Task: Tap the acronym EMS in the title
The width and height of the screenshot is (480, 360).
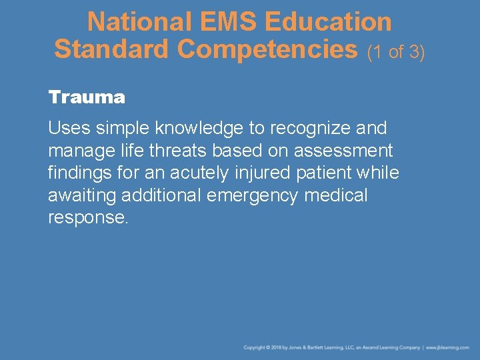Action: click(x=218, y=22)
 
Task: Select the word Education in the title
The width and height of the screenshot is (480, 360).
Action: click(x=328, y=22)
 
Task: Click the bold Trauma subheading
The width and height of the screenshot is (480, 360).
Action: click(x=87, y=97)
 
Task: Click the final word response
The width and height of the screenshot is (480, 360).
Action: click(x=87, y=218)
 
